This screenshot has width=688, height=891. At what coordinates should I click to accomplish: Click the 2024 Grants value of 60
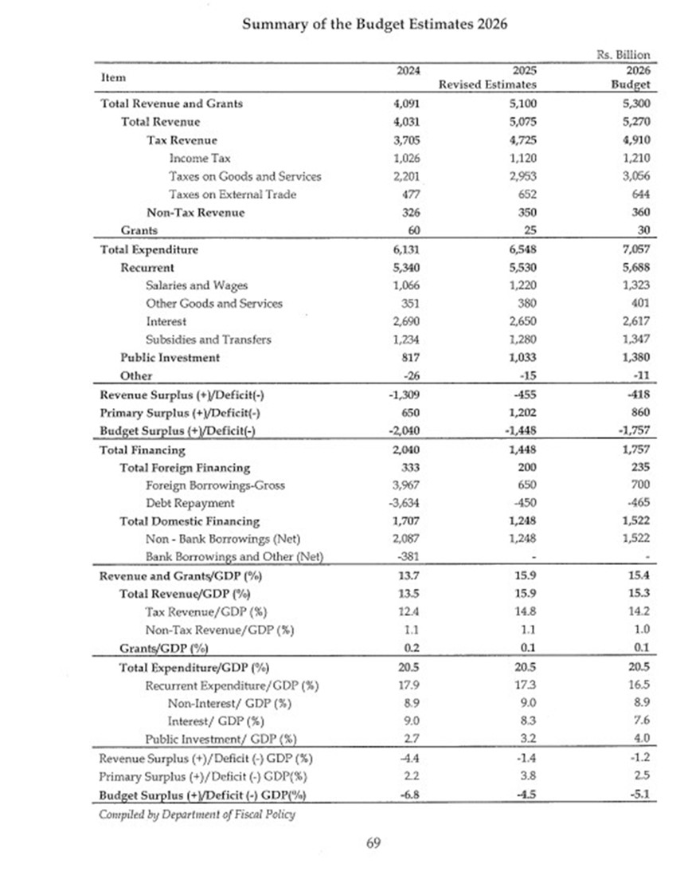[x=402, y=230]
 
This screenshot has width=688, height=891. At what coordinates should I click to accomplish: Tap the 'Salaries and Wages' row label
[x=197, y=285]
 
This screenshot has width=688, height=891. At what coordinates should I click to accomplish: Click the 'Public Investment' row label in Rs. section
[x=170, y=358]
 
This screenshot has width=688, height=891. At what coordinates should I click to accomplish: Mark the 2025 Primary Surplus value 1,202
[x=519, y=414]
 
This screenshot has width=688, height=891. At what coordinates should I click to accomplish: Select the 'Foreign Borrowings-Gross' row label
[x=215, y=485]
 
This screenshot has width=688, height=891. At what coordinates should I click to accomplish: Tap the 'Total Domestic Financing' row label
[x=190, y=521]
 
